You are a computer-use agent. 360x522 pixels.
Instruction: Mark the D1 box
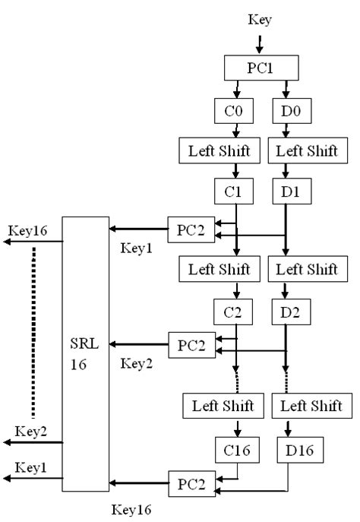click(286, 191)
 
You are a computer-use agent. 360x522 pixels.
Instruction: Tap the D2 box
click(286, 311)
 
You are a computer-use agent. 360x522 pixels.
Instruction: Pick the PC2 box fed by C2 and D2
click(191, 344)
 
